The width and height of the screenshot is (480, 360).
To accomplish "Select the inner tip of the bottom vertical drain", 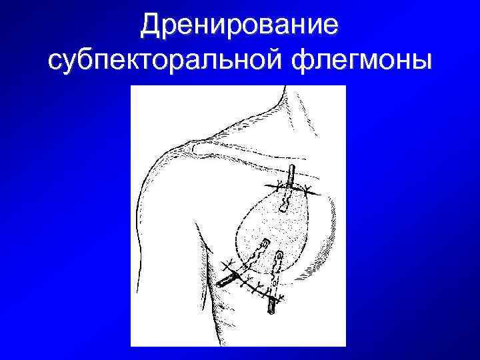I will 278,254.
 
